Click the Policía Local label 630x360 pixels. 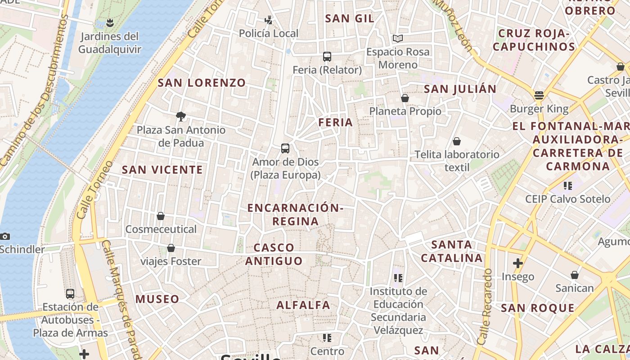[269, 33]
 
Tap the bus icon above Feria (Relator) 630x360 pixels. [327, 57]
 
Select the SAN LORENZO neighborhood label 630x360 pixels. [202, 83]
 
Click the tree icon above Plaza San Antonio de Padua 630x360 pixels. [181, 117]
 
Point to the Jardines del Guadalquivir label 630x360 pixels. [110, 43]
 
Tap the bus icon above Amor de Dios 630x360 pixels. [285, 148]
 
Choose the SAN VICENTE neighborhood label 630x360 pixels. [162, 170]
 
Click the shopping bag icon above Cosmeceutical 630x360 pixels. [161, 216]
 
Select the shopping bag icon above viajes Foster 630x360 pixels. [171, 248]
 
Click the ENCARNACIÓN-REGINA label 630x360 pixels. [295, 214]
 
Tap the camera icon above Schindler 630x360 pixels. [5, 236]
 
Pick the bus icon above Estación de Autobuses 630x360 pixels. [70, 294]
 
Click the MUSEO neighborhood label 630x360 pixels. [157, 299]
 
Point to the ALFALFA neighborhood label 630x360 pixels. [303, 305]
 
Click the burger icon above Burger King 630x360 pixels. [539, 95]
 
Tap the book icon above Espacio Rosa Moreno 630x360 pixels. [398, 39]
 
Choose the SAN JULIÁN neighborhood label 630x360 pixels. [460, 89]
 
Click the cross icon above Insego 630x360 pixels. [518, 263]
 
